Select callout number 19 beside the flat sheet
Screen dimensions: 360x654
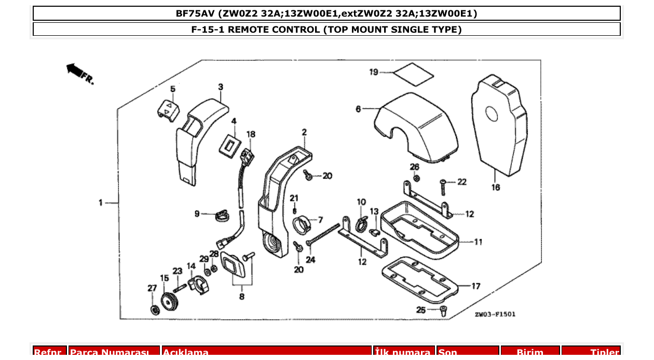pyautogui.click(x=374, y=72)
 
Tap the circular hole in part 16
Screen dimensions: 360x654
pyautogui.click(x=492, y=115)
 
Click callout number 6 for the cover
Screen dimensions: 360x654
pyautogui.click(x=358, y=109)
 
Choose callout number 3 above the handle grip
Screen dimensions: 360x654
pyautogui.click(x=221, y=87)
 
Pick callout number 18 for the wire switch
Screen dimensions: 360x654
pyautogui.click(x=251, y=134)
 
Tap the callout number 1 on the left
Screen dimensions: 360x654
pyautogui.click(x=101, y=202)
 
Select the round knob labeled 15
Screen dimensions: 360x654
pyautogui.click(x=168, y=301)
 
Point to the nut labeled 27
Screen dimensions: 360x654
pyautogui.click(x=154, y=310)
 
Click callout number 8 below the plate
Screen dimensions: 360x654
pyautogui.click(x=241, y=297)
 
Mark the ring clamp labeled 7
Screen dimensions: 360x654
pyautogui.click(x=302, y=225)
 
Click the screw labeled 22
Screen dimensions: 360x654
pyautogui.click(x=443, y=182)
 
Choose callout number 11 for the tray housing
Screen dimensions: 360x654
pyautogui.click(x=478, y=241)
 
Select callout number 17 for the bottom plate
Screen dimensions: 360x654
pyautogui.click(x=476, y=286)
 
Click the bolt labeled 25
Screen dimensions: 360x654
pyautogui.click(x=442, y=311)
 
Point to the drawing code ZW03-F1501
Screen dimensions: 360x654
pyautogui.click(x=495, y=314)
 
